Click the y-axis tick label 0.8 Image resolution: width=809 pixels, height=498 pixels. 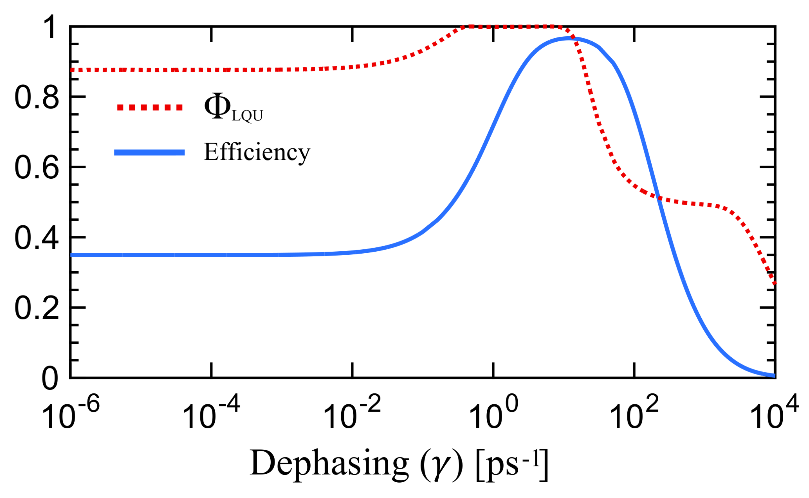pyautogui.click(x=37, y=98)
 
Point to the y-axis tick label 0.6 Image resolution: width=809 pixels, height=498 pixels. pyautogui.click(x=37, y=168)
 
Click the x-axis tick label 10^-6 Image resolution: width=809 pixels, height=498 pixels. pyautogui.click(x=70, y=412)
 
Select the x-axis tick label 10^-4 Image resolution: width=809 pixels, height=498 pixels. pyautogui.click(x=211, y=412)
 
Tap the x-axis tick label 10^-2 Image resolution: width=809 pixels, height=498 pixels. pyautogui.click(x=352, y=412)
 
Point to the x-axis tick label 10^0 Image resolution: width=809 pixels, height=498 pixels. pyautogui.click(x=493, y=412)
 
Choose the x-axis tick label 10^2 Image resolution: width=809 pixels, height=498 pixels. pyautogui.click(x=634, y=412)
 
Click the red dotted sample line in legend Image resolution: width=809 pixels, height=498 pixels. pyautogui.click(x=150, y=107)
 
